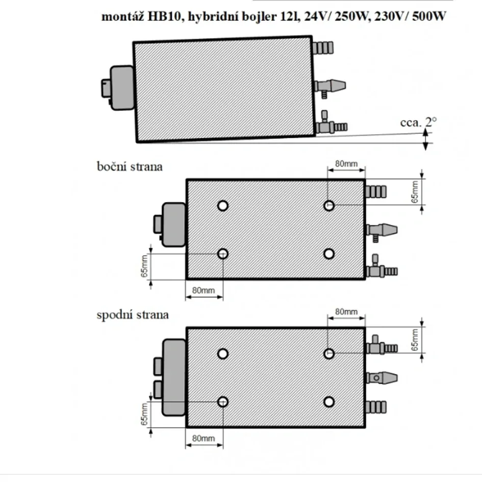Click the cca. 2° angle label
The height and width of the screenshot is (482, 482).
coord(418,122)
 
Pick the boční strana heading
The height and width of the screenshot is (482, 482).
coord(130,166)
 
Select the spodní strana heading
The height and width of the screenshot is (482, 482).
coord(133,314)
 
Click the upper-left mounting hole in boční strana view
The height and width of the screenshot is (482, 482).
coord(222,206)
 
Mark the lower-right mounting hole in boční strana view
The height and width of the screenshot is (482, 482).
coord(329,253)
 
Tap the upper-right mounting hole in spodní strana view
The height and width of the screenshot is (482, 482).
coord(329,353)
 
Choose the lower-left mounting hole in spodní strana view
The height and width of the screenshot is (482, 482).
coord(222,402)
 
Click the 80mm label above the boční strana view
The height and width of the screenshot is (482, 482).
coord(346,164)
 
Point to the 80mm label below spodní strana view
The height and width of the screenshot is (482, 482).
coord(204,438)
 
